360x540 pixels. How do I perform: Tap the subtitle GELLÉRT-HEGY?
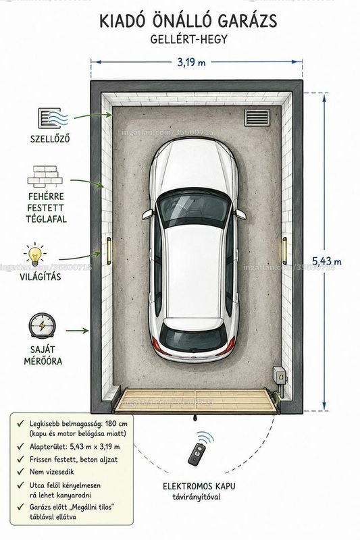pyautogui.click(x=189, y=39)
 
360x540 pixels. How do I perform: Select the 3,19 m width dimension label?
pyautogui.click(x=191, y=62)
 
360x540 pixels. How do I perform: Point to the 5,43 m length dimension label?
pyautogui.click(x=327, y=261)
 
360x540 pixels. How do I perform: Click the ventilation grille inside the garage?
pyautogui.click(x=257, y=117)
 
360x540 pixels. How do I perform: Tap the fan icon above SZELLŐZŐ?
pyautogui.click(x=53, y=118)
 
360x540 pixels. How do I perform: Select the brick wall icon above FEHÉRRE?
pyautogui.click(x=45, y=177)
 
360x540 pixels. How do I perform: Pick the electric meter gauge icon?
pyautogui.click(x=42, y=325)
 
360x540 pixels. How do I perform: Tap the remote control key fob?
pyautogui.click(x=197, y=453)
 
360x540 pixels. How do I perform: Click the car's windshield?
pyautogui.click(x=193, y=208)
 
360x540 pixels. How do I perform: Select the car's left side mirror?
pyautogui.click(x=148, y=214)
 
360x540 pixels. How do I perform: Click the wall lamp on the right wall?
pyautogui.click(x=284, y=250)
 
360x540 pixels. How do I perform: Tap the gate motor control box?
pyautogui.click(x=280, y=375)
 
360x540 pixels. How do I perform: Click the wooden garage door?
pyautogui.click(x=196, y=400)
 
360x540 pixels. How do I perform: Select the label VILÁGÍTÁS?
pyautogui.click(x=41, y=277)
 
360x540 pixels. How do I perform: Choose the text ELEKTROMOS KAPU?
pyautogui.click(x=199, y=486)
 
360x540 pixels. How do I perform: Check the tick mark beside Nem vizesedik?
pyautogui.click(x=21, y=471)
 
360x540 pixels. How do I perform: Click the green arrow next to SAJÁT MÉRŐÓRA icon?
pyautogui.click(x=77, y=331)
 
